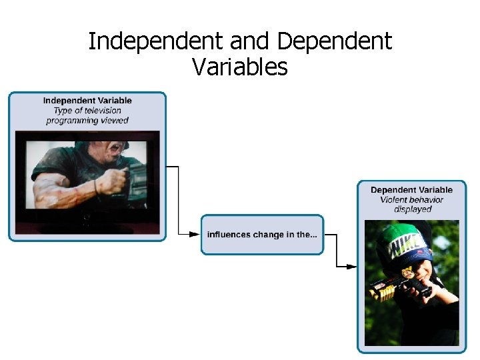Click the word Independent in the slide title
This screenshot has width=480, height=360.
pos(157,42)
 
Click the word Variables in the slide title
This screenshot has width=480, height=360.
pos(239,67)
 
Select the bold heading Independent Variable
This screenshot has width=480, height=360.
pos(87,101)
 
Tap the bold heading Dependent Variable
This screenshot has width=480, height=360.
pos(411,190)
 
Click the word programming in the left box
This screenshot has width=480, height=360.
pos(71,121)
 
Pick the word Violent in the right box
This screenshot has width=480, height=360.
pos(393,199)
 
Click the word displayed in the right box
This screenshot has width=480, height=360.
pos(413,209)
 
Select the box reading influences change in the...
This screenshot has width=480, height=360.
pos(262,234)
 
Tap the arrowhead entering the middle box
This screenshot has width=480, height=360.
pos(195,234)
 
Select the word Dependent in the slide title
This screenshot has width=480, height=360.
pos(334,42)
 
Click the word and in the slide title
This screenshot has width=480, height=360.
pos(251,42)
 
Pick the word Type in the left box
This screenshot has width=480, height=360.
pos(53,111)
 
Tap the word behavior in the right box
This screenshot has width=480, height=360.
pos(427,199)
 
